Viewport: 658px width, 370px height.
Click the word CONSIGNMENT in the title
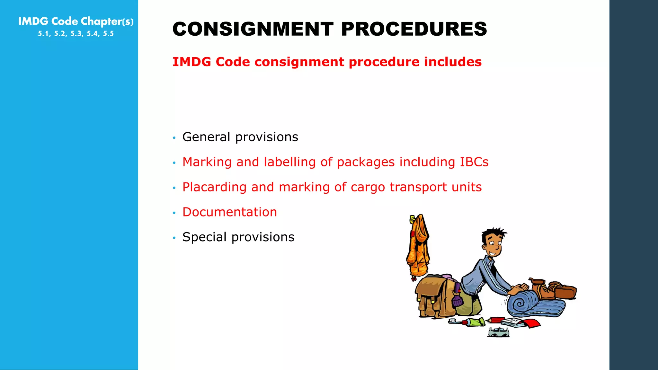pyautogui.click(x=253, y=29)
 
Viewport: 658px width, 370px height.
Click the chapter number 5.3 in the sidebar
pyautogui.click(x=76, y=34)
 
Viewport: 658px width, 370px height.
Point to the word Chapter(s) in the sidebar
pyautogui.click(x=107, y=22)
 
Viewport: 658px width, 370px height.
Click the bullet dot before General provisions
pyautogui.click(x=174, y=138)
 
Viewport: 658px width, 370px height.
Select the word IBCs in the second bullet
pyautogui.click(x=474, y=162)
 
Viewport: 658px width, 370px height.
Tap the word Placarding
pyautogui.click(x=214, y=187)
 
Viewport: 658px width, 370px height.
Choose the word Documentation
pyautogui.click(x=229, y=212)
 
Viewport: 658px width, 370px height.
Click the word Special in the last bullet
pyautogui.click(x=205, y=237)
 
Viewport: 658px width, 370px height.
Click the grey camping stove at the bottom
pyautogui.click(x=498, y=332)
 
